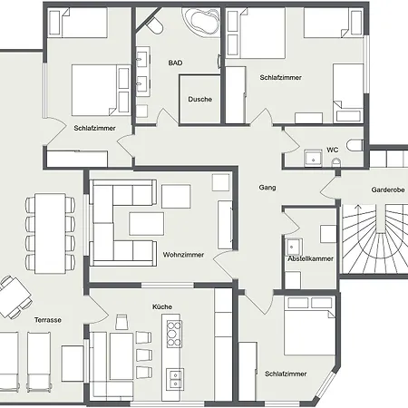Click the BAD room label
(x=175, y=63)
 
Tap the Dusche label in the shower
(x=199, y=99)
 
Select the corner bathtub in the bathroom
(x=200, y=20)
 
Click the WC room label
(x=332, y=150)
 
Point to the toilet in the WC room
(x=355, y=145)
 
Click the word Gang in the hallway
(x=267, y=188)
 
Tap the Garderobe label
(x=388, y=190)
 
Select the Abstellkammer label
(x=310, y=258)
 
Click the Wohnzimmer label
(x=183, y=255)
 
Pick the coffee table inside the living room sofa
(x=147, y=224)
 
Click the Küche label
(x=162, y=306)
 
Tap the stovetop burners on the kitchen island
(x=174, y=334)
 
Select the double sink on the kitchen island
(x=175, y=379)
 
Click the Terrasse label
(x=48, y=320)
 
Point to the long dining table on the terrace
(x=50, y=234)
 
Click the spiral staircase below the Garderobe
(x=374, y=239)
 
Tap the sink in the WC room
(x=313, y=158)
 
